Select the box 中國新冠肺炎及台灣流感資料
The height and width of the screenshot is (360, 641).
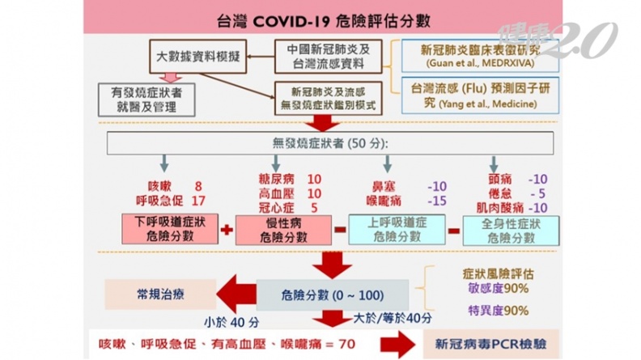[334, 56]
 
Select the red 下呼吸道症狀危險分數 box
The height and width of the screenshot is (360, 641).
[171, 228]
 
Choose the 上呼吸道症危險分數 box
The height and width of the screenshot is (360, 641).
[397, 229]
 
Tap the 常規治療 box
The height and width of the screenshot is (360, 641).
[160, 293]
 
